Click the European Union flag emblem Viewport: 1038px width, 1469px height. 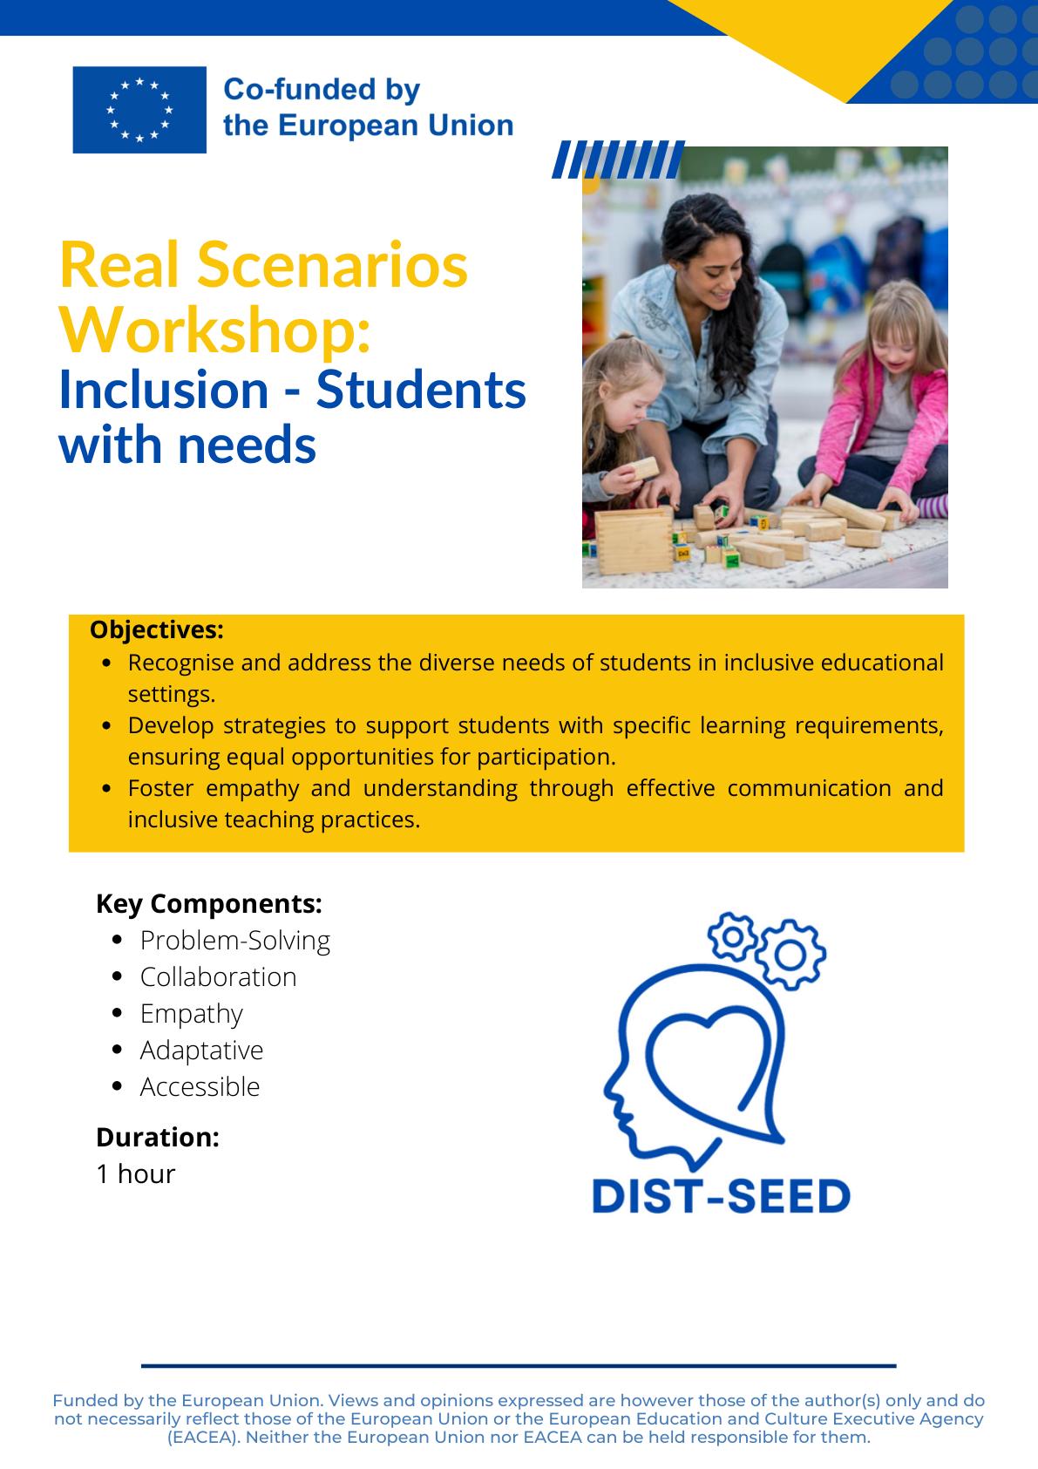(139, 110)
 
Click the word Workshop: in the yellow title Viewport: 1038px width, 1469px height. (215, 331)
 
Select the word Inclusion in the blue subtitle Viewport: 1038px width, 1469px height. (164, 390)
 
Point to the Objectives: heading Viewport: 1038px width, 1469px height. (157, 629)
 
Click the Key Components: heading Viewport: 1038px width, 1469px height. (209, 904)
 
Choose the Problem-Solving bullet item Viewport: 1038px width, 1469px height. (234, 941)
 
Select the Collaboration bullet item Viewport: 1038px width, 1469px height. (219, 977)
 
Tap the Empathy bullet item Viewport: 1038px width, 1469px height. (192, 1014)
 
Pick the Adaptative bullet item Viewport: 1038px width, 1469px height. (202, 1051)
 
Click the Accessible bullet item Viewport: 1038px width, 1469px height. (200, 1087)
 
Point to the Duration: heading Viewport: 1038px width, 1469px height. (158, 1137)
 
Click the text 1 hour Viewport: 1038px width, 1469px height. (136, 1173)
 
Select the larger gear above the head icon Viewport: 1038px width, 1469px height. (790, 955)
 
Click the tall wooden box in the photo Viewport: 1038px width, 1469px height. (634, 541)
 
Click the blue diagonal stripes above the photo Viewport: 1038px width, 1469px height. (618, 160)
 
